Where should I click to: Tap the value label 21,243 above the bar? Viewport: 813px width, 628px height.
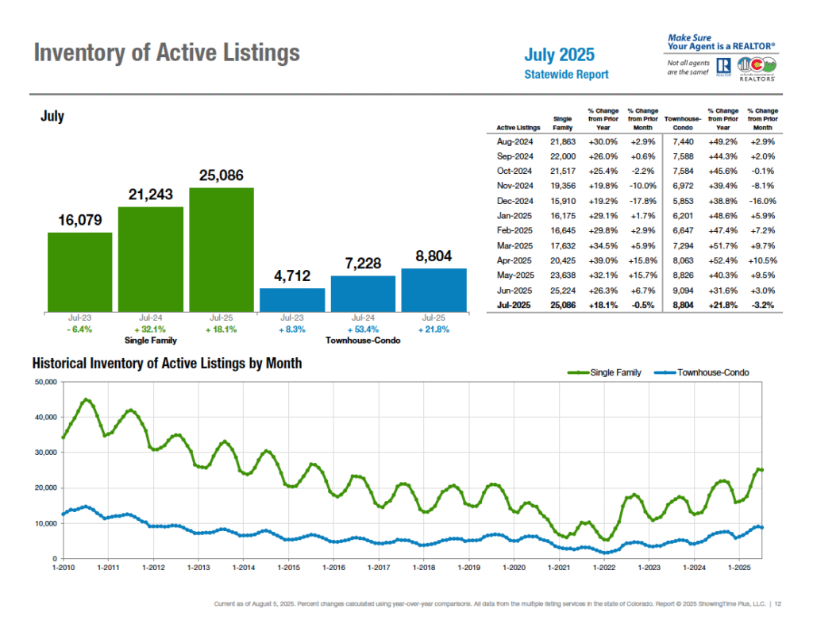[151, 195]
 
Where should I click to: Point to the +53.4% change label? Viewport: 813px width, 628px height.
[363, 329]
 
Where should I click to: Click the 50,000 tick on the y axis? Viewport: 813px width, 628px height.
[45, 382]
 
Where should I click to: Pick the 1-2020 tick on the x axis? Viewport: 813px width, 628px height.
[514, 568]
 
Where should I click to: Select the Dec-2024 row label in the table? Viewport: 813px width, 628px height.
[514, 201]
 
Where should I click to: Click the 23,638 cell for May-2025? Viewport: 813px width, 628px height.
[561, 275]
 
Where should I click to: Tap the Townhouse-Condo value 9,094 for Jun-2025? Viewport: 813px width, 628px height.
[680, 290]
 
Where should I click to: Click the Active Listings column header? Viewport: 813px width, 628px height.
[518, 127]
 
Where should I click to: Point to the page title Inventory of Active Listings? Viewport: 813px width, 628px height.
[167, 53]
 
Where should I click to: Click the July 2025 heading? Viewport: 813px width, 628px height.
[559, 56]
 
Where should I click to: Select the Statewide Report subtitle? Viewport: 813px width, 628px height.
[566, 75]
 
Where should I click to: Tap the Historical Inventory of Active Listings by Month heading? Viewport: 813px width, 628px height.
[167, 364]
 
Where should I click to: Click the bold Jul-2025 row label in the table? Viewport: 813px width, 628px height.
[514, 304]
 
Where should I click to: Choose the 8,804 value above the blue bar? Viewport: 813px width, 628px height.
[433, 256]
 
